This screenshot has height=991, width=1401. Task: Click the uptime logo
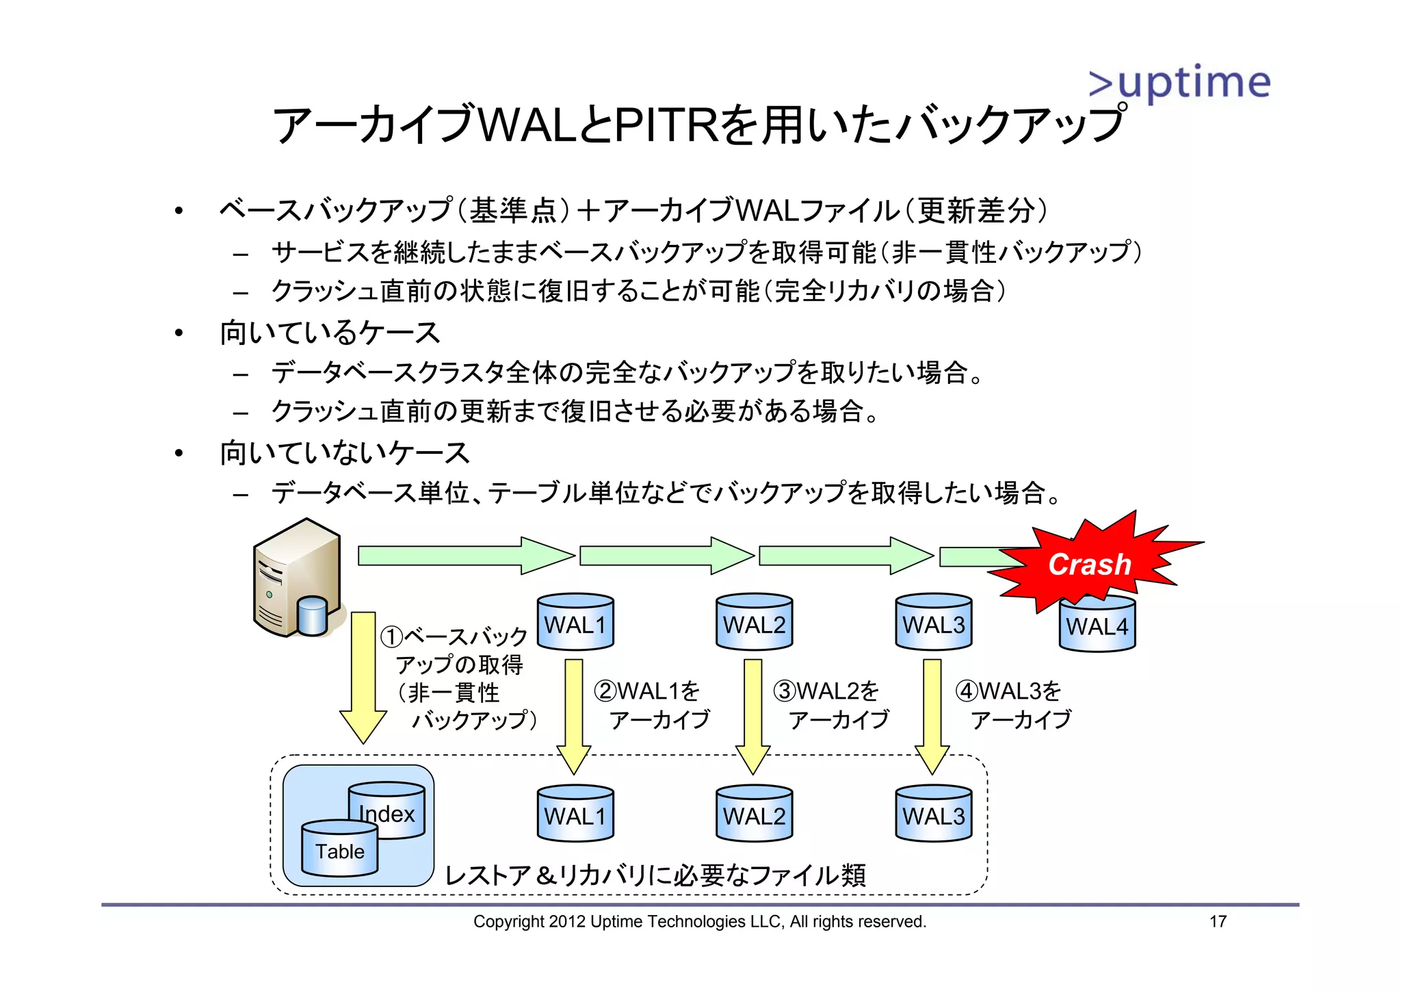(x=1179, y=83)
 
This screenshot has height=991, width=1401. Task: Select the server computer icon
(x=298, y=578)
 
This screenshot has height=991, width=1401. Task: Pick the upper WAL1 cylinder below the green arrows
(x=575, y=622)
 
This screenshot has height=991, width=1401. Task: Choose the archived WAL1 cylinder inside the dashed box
(x=575, y=814)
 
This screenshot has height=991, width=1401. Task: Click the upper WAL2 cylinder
(x=754, y=622)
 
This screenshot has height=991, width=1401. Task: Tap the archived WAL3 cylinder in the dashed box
(x=933, y=814)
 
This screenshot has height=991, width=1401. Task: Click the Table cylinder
(x=339, y=849)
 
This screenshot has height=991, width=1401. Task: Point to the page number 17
(x=1218, y=922)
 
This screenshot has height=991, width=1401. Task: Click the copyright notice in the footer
(x=699, y=922)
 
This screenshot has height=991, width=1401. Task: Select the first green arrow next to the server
(x=465, y=555)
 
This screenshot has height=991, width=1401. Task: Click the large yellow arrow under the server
(x=363, y=678)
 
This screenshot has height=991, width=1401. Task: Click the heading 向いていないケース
(x=344, y=453)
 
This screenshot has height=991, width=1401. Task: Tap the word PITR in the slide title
(x=667, y=125)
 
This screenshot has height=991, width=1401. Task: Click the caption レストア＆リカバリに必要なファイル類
(x=655, y=875)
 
